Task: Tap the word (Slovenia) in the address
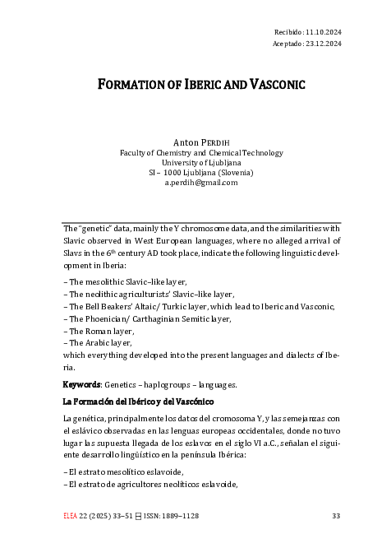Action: pyautogui.click(x=234, y=173)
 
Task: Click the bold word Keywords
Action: pyautogui.click(x=84, y=384)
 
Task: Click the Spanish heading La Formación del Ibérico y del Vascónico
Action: pyautogui.click(x=138, y=402)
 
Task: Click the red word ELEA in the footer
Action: pyautogui.click(x=71, y=516)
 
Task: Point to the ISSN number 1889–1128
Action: pyautogui.click(x=177, y=516)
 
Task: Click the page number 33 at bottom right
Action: pyautogui.click(x=335, y=516)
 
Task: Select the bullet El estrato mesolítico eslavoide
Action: pyautogui.click(x=123, y=471)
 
